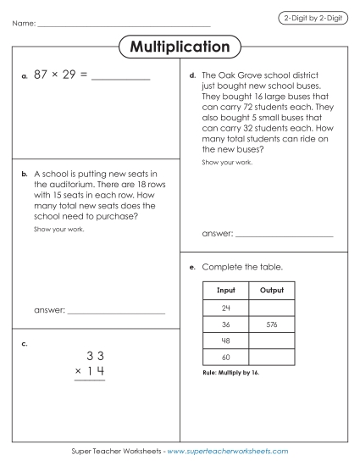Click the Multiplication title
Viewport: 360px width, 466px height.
[x=180, y=47]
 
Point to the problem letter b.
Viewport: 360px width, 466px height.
[x=25, y=173]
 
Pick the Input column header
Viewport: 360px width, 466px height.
[x=226, y=291]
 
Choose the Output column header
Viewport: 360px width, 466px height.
[x=272, y=291]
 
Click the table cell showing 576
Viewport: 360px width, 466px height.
[x=272, y=325]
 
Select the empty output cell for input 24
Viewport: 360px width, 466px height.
[x=272, y=308]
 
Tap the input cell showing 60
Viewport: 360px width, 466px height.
[x=226, y=358]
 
